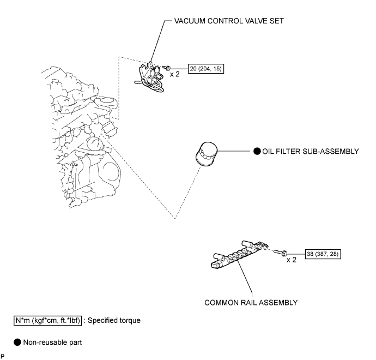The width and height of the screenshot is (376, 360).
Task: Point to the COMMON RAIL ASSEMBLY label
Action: click(x=251, y=301)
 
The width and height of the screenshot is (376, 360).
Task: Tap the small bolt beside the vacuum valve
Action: click(x=169, y=67)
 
